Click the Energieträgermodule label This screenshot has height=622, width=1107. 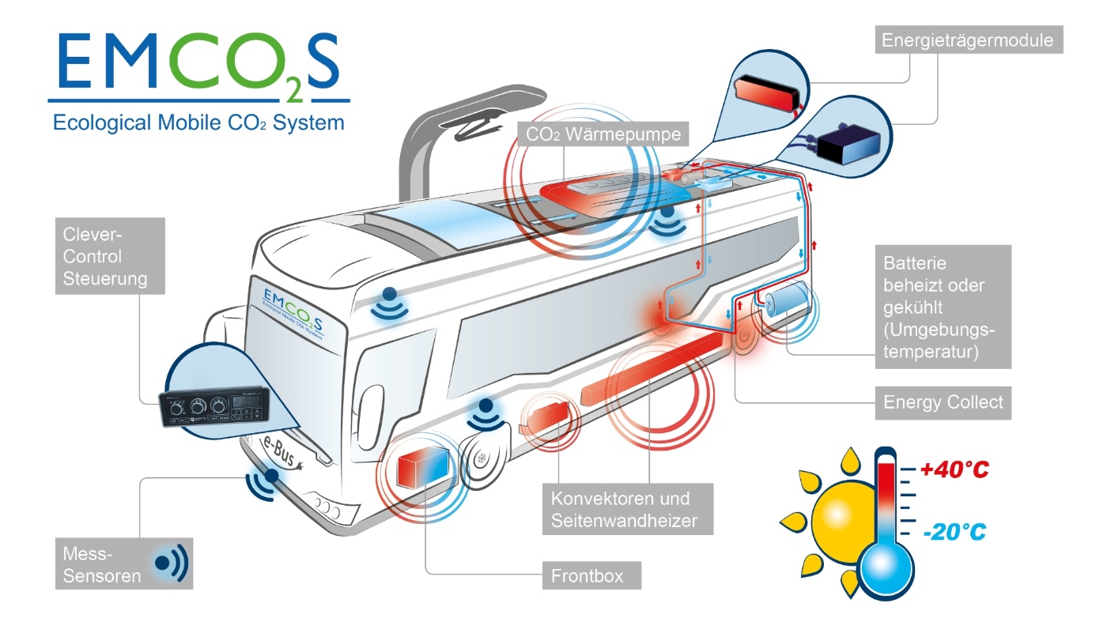[969, 40]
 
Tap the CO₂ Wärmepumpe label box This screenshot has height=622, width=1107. [603, 134]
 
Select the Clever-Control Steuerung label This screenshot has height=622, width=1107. [110, 256]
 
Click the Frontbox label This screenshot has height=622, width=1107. [591, 575]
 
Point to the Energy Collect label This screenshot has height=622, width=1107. [943, 402]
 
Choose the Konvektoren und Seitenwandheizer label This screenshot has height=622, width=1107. [628, 509]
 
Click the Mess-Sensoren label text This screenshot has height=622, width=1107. [102, 564]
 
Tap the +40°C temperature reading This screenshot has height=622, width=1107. [955, 469]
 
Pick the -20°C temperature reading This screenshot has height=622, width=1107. [954, 532]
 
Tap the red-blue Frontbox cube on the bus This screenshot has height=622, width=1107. [423, 466]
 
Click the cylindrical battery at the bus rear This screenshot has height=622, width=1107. [788, 299]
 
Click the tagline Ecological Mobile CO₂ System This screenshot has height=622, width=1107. [198, 123]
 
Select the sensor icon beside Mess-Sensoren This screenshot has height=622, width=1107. [172, 563]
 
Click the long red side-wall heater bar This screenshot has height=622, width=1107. [652, 369]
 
